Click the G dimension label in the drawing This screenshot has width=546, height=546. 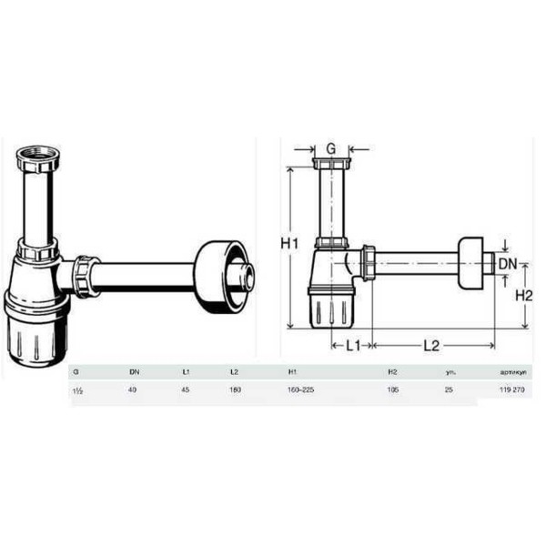330,147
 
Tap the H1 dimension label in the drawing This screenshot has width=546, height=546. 289,244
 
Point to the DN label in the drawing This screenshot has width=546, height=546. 507,265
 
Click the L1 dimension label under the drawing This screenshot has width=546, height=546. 352,345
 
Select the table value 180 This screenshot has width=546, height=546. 236,389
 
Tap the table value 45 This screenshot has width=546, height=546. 185,389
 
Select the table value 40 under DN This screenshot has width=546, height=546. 132,389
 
